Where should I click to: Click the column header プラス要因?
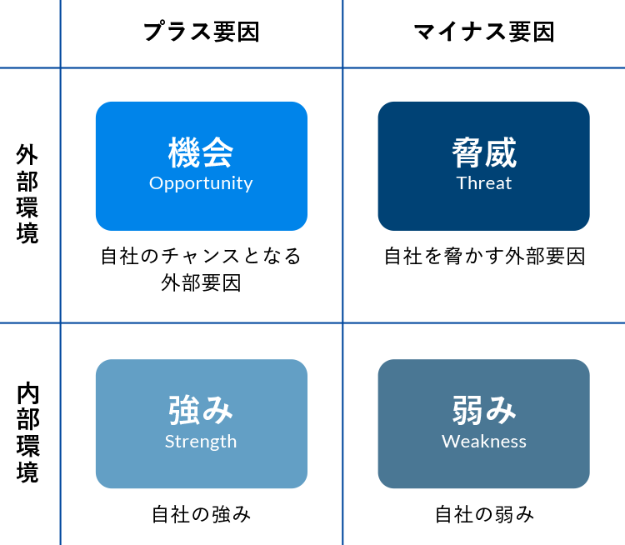[x=201, y=32]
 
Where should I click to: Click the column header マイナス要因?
[x=483, y=32]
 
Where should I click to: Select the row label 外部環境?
[x=27, y=194]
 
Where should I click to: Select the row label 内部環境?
[x=27, y=433]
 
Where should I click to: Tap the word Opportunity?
[x=201, y=183]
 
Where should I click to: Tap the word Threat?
[x=483, y=183]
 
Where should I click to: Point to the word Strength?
[x=201, y=442]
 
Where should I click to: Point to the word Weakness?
[x=483, y=442]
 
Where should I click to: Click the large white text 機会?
[x=201, y=153]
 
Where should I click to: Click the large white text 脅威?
[x=483, y=153]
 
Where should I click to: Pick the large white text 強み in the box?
[x=201, y=410]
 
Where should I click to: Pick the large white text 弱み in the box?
[x=483, y=410]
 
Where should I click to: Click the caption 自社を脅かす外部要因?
[x=484, y=256]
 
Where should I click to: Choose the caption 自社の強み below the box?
[x=201, y=514]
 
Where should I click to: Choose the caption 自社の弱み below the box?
[x=484, y=514]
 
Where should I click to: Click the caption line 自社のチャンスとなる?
[x=201, y=256]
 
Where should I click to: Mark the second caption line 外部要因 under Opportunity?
[x=201, y=283]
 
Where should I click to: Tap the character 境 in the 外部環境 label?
[x=27, y=233]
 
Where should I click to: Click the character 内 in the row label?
[x=27, y=393]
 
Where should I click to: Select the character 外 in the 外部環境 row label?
[x=27, y=156]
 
